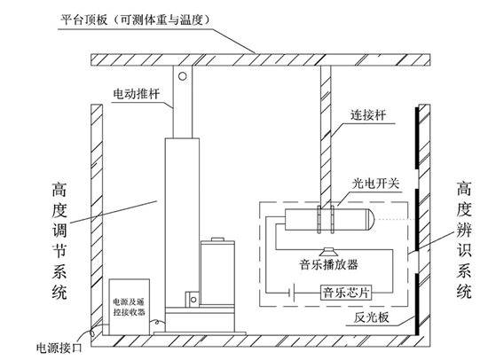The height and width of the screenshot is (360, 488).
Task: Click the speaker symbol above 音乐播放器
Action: [327, 248]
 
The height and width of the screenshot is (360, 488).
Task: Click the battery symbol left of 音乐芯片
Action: [289, 289]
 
